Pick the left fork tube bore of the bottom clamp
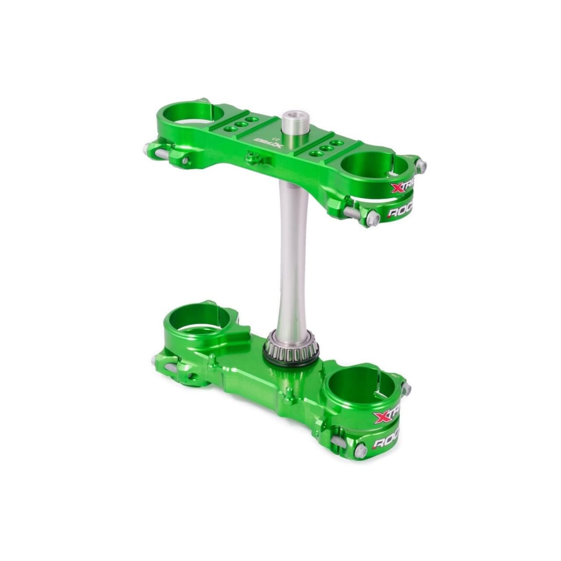(200, 318)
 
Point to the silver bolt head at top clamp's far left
(147, 149)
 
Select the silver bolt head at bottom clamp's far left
(155, 360)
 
